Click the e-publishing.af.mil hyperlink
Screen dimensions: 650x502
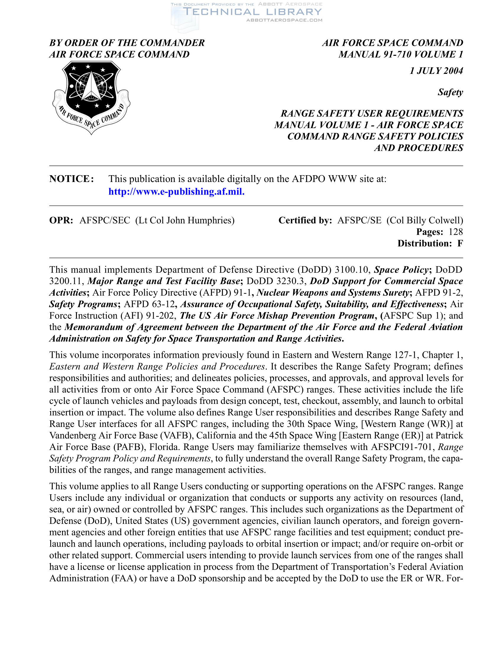click(176, 191)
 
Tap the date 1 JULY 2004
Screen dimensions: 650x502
click(436, 71)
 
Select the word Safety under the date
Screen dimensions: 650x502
click(450, 92)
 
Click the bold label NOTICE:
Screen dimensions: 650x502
click(72, 178)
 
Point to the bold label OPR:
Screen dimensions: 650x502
click(61, 220)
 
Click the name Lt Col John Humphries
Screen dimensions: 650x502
click(185, 220)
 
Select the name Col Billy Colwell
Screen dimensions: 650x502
click(425, 220)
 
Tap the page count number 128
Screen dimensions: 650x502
click(456, 232)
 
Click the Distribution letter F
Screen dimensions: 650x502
click(460, 243)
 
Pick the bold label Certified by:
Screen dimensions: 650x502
click(305, 220)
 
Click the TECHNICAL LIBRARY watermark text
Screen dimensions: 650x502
click(252, 12)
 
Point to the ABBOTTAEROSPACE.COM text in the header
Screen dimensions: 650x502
click(284, 20)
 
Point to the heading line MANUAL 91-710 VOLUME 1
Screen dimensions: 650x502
click(401, 54)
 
